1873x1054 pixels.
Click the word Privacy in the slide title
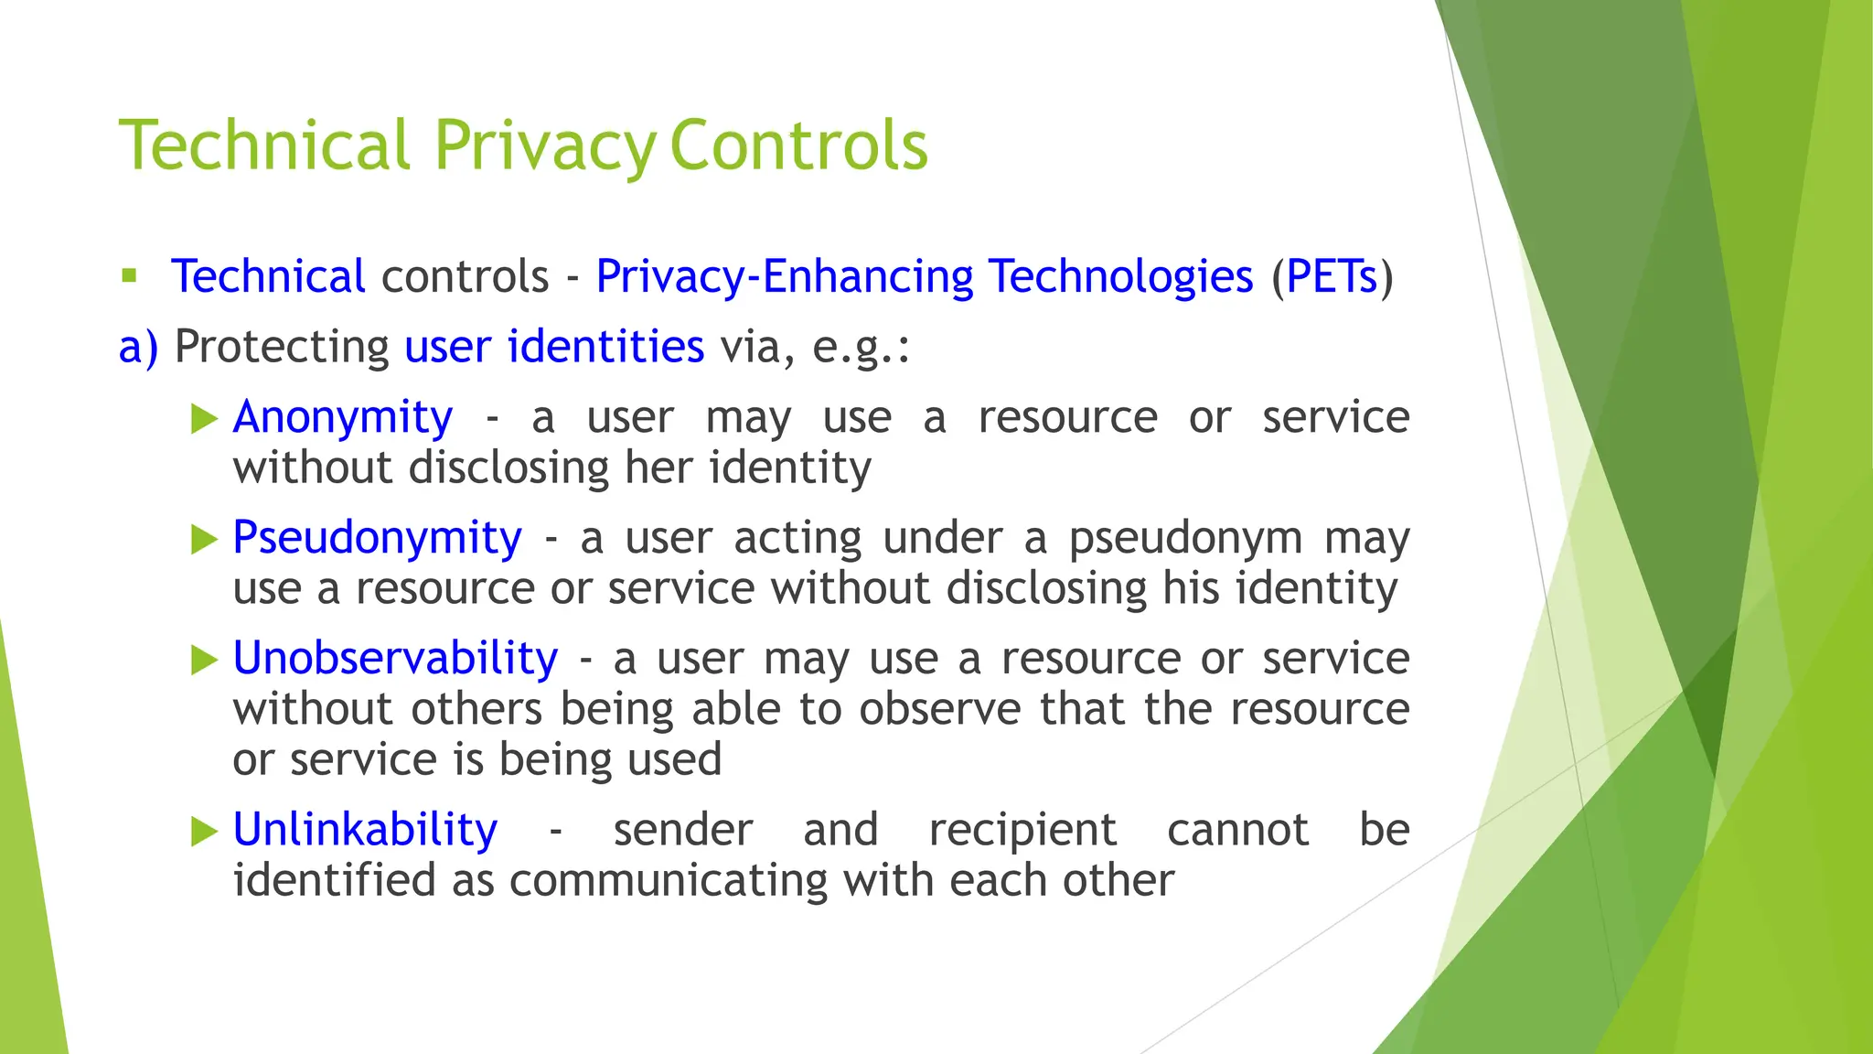tap(544, 146)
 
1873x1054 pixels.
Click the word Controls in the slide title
tap(798, 146)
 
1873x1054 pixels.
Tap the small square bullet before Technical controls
tap(129, 275)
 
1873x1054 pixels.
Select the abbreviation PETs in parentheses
tap(1332, 276)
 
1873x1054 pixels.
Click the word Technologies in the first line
tap(1120, 276)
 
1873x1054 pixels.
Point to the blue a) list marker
tap(138, 347)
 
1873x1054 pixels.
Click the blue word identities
tap(605, 346)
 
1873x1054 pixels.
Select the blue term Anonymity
tap(343, 417)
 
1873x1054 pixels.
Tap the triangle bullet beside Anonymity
tap(204, 419)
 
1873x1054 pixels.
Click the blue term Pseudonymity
tap(377, 537)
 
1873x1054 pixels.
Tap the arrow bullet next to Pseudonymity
tap(204, 539)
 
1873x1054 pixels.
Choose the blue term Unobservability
tap(395, 658)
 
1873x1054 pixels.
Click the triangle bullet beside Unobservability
tap(204, 660)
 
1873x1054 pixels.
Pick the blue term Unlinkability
tap(365, 829)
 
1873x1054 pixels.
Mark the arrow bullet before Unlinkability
tap(204, 832)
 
